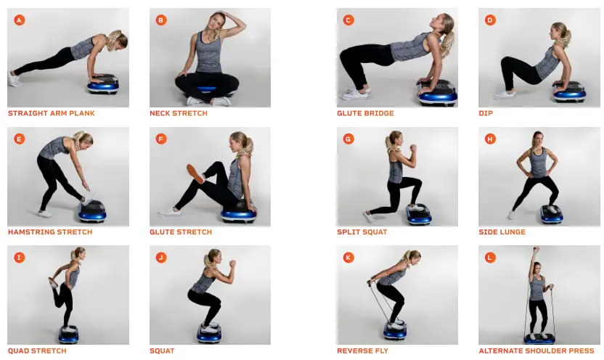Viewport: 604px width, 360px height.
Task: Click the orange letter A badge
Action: (19, 20)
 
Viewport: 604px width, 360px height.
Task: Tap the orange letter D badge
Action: (490, 20)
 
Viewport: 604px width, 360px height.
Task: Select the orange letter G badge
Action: (348, 139)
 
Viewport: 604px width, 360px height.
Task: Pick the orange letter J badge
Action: (161, 257)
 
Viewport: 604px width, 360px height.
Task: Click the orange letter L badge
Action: (490, 257)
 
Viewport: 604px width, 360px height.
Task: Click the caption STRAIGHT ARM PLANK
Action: (52, 113)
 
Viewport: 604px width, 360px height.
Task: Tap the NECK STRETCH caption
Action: (179, 113)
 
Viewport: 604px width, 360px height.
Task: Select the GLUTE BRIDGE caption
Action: (366, 113)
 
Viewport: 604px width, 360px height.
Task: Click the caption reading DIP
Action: (485, 113)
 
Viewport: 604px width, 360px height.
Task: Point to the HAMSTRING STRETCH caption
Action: (50, 232)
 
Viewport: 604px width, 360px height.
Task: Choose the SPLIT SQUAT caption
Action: (362, 232)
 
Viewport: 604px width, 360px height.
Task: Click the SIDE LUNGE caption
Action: (502, 232)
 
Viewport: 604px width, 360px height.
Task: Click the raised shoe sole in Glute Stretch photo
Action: (194, 173)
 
